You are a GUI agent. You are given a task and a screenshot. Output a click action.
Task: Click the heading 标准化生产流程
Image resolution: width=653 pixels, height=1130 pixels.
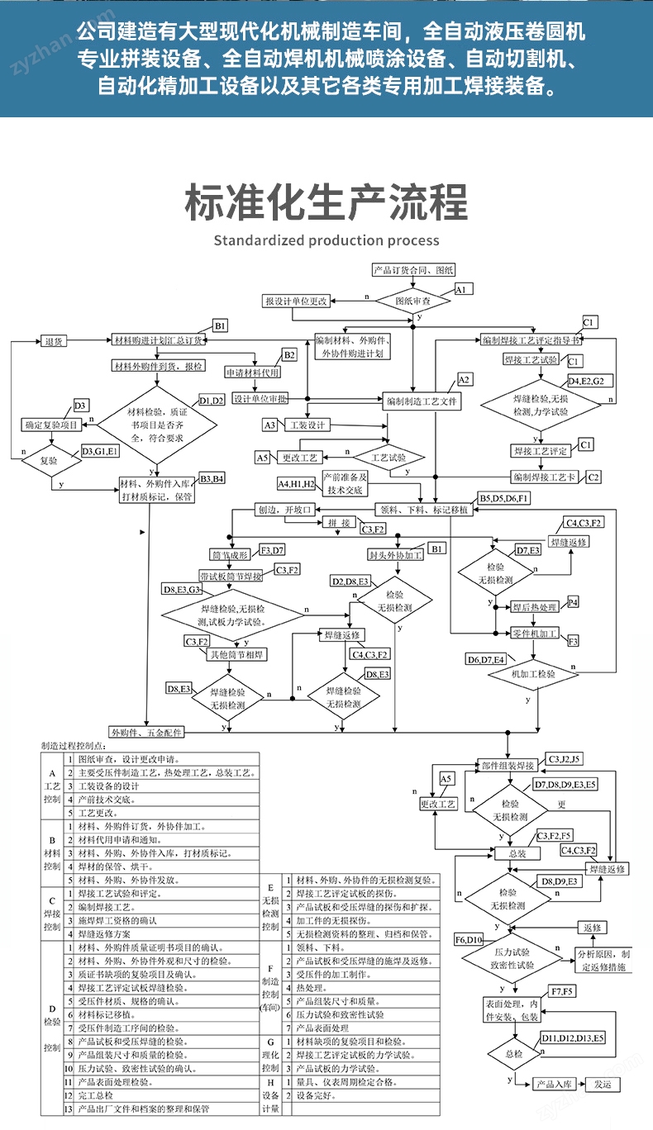pos(326,202)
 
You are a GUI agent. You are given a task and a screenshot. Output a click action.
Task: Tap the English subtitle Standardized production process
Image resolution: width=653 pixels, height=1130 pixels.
pos(326,240)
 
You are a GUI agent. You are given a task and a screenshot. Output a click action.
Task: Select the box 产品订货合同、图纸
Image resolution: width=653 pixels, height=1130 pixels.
pos(413,270)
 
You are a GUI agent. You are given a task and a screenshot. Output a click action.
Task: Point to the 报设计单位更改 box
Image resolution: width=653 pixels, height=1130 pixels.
pos(296,301)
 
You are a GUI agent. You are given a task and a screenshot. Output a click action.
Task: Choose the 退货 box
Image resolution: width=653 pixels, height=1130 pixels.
pos(55,340)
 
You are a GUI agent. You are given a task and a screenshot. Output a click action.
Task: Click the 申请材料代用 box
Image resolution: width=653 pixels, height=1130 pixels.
pos(253,372)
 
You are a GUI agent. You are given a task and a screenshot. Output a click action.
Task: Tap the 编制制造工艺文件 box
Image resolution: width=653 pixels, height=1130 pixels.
pos(422,401)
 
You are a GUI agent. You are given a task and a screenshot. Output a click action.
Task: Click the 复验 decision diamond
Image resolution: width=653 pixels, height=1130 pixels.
pos(49,461)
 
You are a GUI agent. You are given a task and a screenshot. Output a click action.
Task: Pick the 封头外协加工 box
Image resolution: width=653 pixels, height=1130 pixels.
pos(396,555)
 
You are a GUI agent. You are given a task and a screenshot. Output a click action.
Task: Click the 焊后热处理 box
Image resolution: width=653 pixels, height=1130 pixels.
pos(535,607)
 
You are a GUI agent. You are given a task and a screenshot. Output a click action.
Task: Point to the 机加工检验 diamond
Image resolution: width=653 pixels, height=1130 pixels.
pos(533,674)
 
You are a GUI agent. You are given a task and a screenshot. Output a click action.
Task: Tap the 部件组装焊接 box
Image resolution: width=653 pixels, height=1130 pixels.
pos(510,766)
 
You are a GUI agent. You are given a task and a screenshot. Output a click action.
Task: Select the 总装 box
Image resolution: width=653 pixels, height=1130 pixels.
pos(517,853)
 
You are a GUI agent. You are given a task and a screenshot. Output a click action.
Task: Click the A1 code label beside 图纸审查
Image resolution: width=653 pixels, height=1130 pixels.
pos(463,290)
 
